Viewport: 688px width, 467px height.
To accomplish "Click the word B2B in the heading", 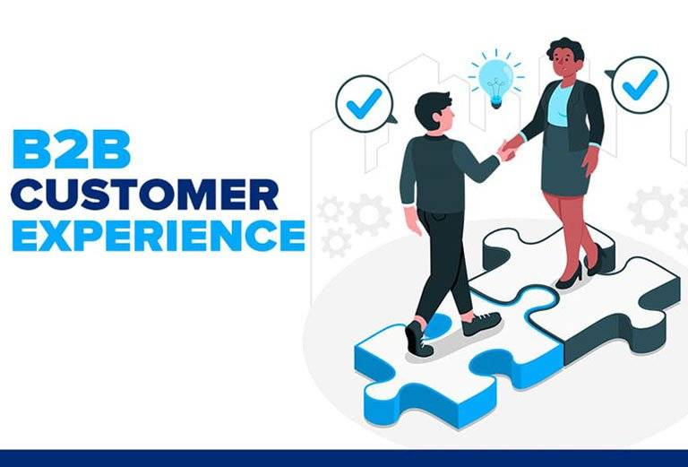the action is tap(72, 149).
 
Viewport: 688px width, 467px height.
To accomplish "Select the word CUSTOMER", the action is tap(145, 195).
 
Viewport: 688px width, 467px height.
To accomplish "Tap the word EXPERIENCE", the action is tap(159, 235).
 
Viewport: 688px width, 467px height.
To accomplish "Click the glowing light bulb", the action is tap(495, 79).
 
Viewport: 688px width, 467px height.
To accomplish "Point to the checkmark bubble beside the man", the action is tap(365, 104).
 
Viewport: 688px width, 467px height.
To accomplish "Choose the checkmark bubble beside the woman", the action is tap(639, 85).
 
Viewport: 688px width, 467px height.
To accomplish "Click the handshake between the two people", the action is tap(509, 149).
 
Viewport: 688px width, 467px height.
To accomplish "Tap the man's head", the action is tap(434, 110).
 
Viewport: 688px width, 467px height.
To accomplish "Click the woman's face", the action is tap(565, 63).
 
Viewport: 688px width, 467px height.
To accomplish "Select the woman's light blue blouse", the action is tap(560, 106).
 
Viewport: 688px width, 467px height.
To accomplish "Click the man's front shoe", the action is tap(481, 324).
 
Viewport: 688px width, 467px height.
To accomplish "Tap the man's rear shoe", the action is tap(418, 339).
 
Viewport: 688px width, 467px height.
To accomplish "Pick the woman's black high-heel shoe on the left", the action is tap(570, 277).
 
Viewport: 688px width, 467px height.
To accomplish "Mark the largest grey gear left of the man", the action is tap(368, 215).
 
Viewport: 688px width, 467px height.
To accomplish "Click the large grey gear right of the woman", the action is tap(652, 210).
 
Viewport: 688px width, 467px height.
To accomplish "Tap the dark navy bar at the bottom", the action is tap(344, 458).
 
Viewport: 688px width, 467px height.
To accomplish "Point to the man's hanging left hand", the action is tap(413, 221).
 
